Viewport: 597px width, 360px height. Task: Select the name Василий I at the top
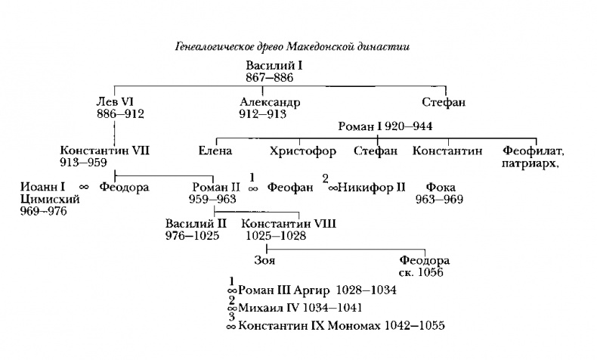[x=273, y=67]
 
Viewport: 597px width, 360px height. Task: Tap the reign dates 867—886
[x=270, y=78]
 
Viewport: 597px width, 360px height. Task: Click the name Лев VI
[x=115, y=102]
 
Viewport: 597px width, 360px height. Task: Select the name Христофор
[x=302, y=151]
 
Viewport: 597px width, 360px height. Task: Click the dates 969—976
[x=44, y=211]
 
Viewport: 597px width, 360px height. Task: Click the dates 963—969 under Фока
[x=438, y=199]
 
